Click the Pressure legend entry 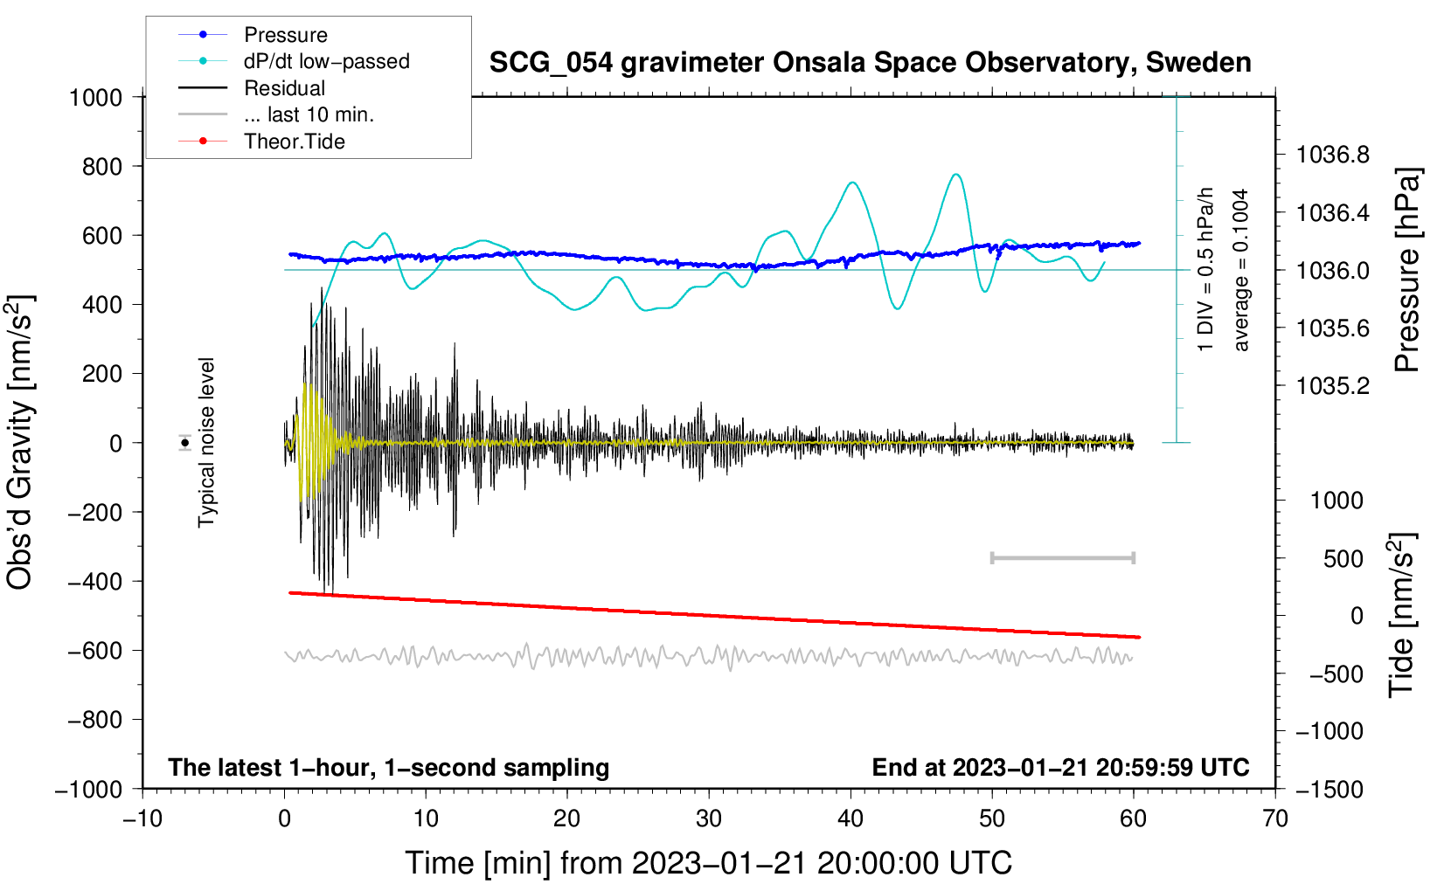click(x=253, y=34)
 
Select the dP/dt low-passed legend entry click(x=294, y=61)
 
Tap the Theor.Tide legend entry click(x=261, y=142)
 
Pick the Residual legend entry click(x=252, y=87)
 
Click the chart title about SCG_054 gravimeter click(x=870, y=62)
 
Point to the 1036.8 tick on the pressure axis click(x=1332, y=155)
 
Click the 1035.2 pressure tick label click(x=1332, y=386)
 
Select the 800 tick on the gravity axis click(x=102, y=167)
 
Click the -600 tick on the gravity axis click(x=94, y=651)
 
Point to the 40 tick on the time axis click(x=850, y=819)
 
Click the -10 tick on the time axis click(x=142, y=819)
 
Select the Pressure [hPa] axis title click(x=1406, y=270)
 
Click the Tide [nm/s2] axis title click(x=1402, y=615)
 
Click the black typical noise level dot click(x=185, y=443)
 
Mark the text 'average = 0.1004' click(x=1240, y=270)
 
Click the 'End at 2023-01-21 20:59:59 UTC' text click(x=1060, y=767)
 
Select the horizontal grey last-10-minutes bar click(x=1062, y=557)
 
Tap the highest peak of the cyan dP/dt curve click(x=956, y=174)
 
